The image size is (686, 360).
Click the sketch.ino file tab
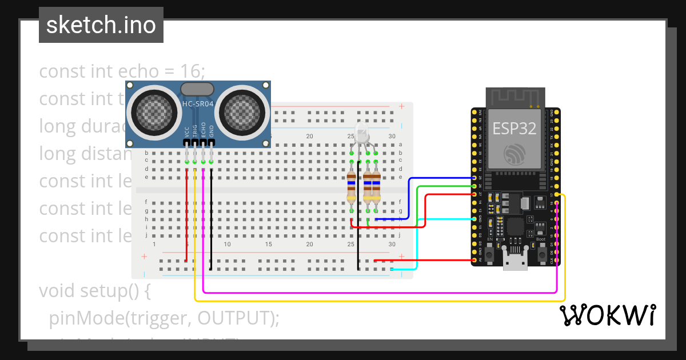coord(101,25)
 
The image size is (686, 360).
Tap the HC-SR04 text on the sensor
coord(197,104)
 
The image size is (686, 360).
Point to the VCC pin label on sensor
coord(187,131)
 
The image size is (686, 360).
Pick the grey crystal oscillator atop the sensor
coord(197,89)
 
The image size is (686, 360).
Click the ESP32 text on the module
coord(514,129)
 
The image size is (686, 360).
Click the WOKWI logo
coord(607,315)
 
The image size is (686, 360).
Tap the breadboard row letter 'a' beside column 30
coord(400,145)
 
